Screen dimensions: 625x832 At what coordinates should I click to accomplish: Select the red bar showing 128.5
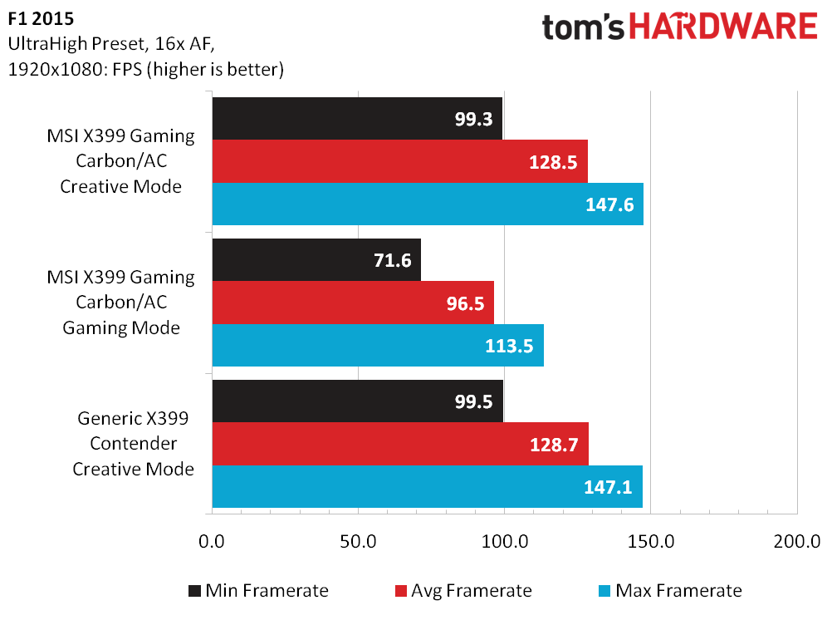coord(399,161)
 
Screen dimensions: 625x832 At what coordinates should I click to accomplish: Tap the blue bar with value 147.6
coord(428,204)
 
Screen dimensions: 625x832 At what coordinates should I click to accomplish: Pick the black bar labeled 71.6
coord(316,260)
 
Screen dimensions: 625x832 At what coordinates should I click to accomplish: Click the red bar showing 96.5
coord(353,303)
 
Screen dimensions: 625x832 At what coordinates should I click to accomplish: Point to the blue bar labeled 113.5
coord(378,345)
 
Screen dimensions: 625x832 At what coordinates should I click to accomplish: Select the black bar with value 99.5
coord(358,401)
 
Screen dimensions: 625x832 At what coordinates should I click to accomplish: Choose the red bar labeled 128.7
coord(400,444)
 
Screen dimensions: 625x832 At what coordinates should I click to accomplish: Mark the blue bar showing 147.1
coord(427,486)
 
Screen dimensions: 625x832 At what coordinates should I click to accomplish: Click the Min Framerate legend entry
coord(257,591)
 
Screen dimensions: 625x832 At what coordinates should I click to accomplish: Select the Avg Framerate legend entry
coord(462,591)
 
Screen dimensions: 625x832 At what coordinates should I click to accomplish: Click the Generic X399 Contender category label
coord(134,444)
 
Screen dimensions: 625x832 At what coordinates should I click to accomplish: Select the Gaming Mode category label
coord(121,327)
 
